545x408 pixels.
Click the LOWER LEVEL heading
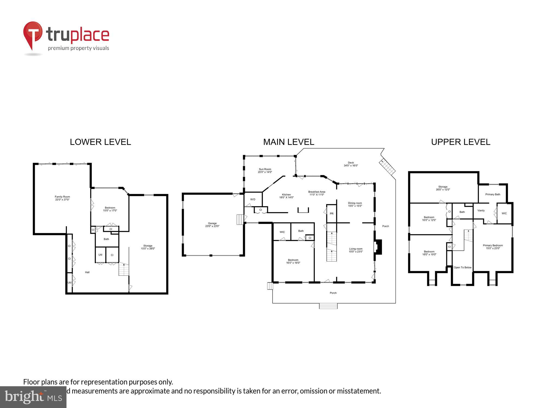point(100,142)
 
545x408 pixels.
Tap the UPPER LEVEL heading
point(461,142)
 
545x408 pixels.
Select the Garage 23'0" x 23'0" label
point(212,225)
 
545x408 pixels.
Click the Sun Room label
point(265,171)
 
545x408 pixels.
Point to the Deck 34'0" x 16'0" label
point(351,164)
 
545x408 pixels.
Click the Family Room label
point(62,198)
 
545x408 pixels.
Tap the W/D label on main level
point(253,199)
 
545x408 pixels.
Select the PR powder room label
point(332,214)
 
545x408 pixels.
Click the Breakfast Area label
point(317,193)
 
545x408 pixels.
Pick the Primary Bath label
point(493,194)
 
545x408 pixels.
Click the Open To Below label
point(462,267)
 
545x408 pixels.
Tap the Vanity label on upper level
point(481,211)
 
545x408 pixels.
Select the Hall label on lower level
point(87,272)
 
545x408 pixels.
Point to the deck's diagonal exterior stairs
point(387,167)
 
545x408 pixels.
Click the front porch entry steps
point(328,306)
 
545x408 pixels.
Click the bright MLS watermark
point(33,397)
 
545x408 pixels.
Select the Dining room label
point(355,204)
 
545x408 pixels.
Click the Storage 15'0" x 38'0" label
point(148,247)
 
